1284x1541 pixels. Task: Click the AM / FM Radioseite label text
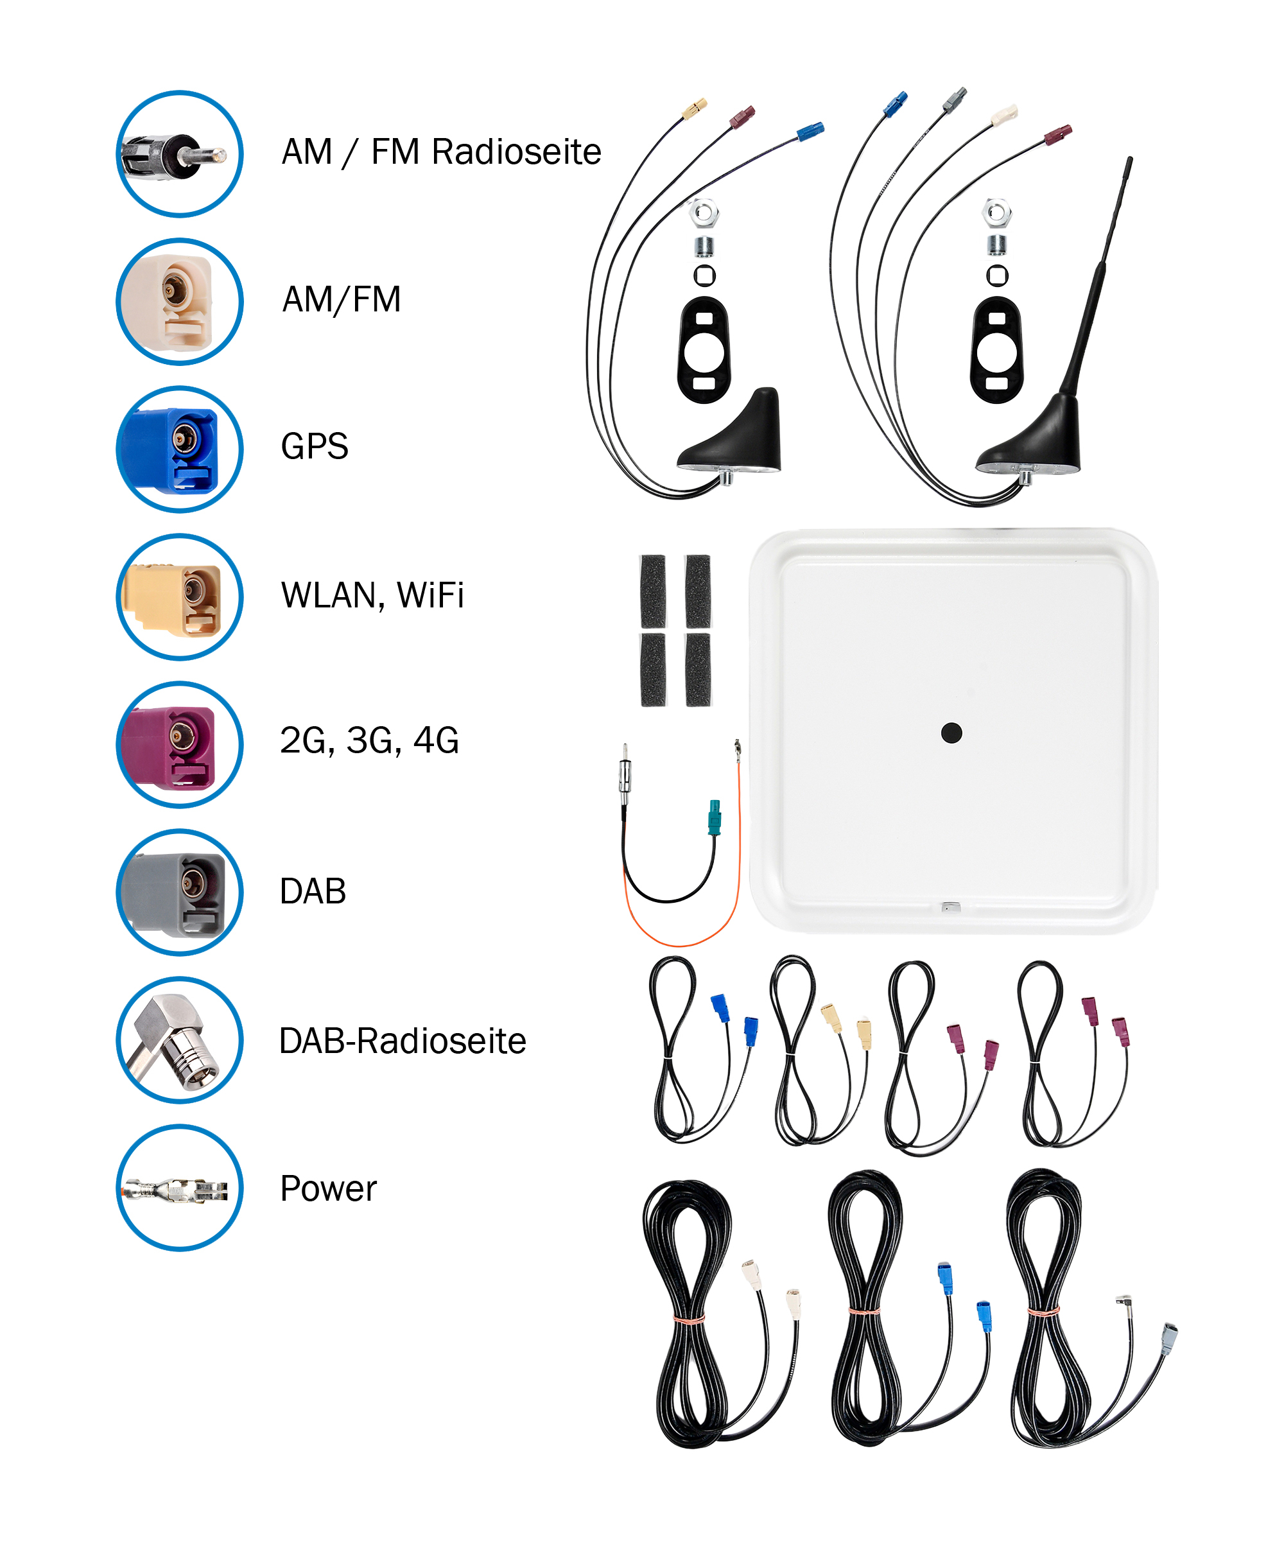[441, 152]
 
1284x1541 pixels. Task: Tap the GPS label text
[314, 446]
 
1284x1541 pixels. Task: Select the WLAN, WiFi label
[372, 595]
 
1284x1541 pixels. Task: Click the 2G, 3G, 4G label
[369, 740]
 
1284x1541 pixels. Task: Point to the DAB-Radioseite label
[402, 1041]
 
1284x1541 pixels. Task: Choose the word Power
[328, 1188]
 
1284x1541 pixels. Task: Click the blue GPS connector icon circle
[180, 449]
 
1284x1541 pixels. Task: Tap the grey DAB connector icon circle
[180, 892]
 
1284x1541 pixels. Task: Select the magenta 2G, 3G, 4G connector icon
[180, 744]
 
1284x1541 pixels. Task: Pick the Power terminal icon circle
[180, 1187]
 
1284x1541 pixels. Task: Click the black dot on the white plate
[951, 733]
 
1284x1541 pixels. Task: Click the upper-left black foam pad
[652, 590]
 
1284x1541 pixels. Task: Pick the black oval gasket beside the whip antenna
[996, 350]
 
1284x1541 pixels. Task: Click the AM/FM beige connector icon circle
[180, 302]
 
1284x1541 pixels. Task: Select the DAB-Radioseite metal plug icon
[180, 1040]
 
